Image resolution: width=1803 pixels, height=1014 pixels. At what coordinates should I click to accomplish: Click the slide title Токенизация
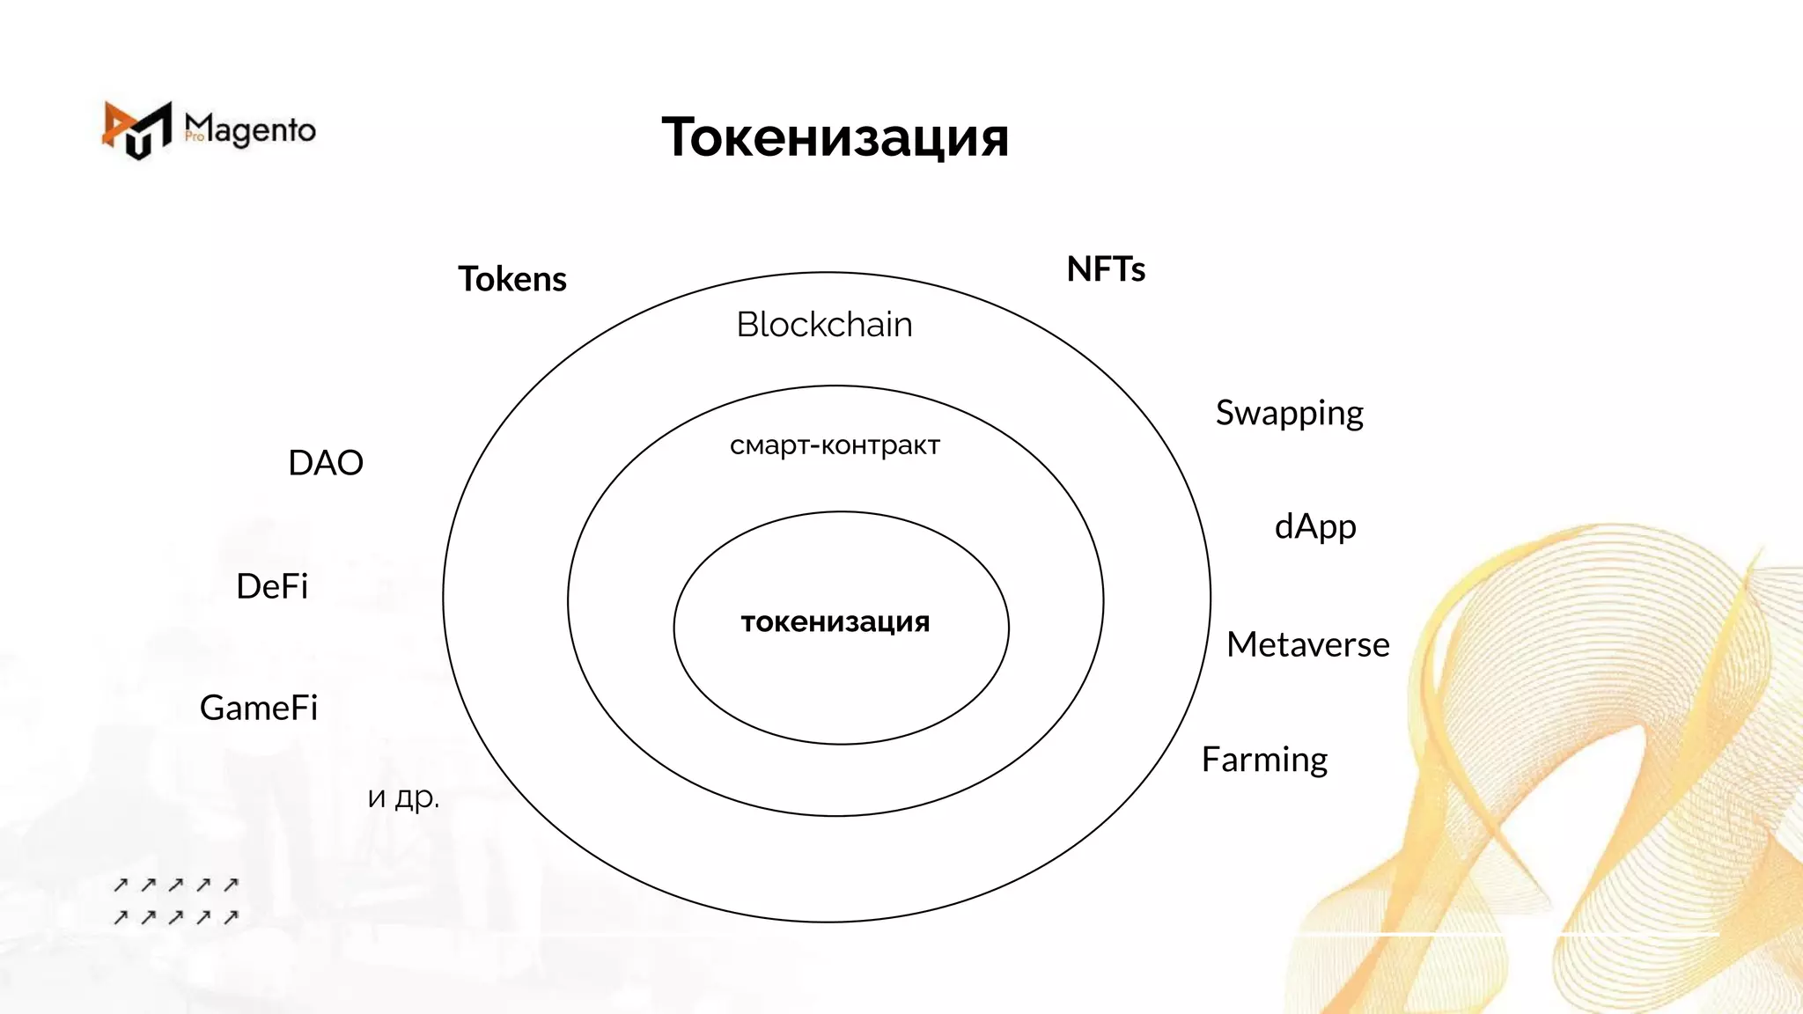(835, 137)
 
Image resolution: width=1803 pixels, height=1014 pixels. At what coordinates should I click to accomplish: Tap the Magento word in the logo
(251, 130)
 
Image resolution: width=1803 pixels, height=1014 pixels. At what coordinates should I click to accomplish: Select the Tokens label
(512, 279)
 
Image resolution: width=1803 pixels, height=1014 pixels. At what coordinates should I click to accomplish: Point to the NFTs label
(1106, 269)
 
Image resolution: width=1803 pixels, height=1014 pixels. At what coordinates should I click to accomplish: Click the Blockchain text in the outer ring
(824, 325)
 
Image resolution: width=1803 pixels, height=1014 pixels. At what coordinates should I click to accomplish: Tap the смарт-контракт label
(835, 445)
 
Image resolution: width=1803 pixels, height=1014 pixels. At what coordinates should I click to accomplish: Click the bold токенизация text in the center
(835, 621)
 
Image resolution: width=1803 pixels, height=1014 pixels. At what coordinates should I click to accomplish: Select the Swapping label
(1289, 413)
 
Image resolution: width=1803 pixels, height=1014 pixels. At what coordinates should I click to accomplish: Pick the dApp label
(1315, 526)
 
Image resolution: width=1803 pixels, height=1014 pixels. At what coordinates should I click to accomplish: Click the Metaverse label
(1307, 645)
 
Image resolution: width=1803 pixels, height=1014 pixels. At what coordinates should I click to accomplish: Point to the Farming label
(1264, 760)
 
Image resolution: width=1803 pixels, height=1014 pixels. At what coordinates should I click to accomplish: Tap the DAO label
(326, 463)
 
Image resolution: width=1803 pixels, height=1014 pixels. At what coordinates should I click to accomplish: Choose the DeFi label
(272, 586)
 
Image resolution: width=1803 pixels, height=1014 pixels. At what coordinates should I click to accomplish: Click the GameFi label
(259, 708)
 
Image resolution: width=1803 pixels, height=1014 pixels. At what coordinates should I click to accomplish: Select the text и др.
(403, 797)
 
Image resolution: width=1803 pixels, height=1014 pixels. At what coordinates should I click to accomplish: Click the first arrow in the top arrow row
(121, 885)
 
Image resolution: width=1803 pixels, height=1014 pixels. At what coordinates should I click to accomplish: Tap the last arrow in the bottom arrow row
(231, 917)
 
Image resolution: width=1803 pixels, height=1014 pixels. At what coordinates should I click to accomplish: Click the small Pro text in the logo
(195, 136)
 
